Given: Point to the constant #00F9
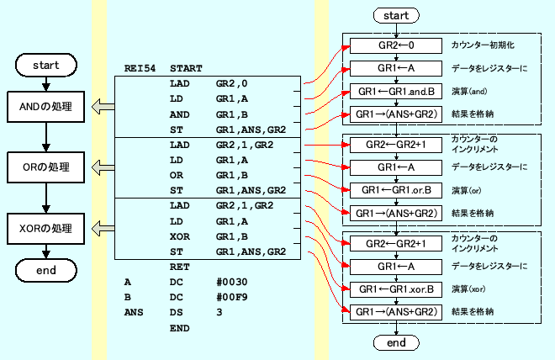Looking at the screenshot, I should tap(231, 298).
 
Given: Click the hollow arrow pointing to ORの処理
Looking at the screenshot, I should tap(103, 167).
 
